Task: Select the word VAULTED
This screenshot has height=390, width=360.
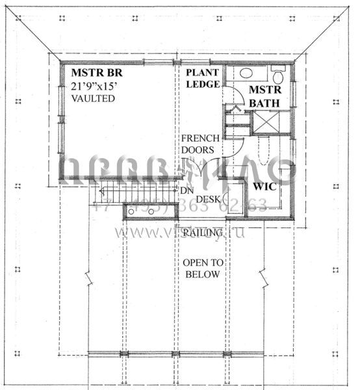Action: coord(93,99)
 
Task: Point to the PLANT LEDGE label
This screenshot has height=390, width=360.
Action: coord(201,78)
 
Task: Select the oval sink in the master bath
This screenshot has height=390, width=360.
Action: coord(246,73)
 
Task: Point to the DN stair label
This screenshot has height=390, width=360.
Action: coord(186,190)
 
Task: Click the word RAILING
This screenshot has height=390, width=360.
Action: coord(204,233)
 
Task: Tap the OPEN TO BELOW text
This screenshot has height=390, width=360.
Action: coord(203,268)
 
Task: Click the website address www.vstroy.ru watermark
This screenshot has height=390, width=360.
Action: coord(179,231)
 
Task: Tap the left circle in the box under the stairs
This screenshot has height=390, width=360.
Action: coord(131,212)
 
